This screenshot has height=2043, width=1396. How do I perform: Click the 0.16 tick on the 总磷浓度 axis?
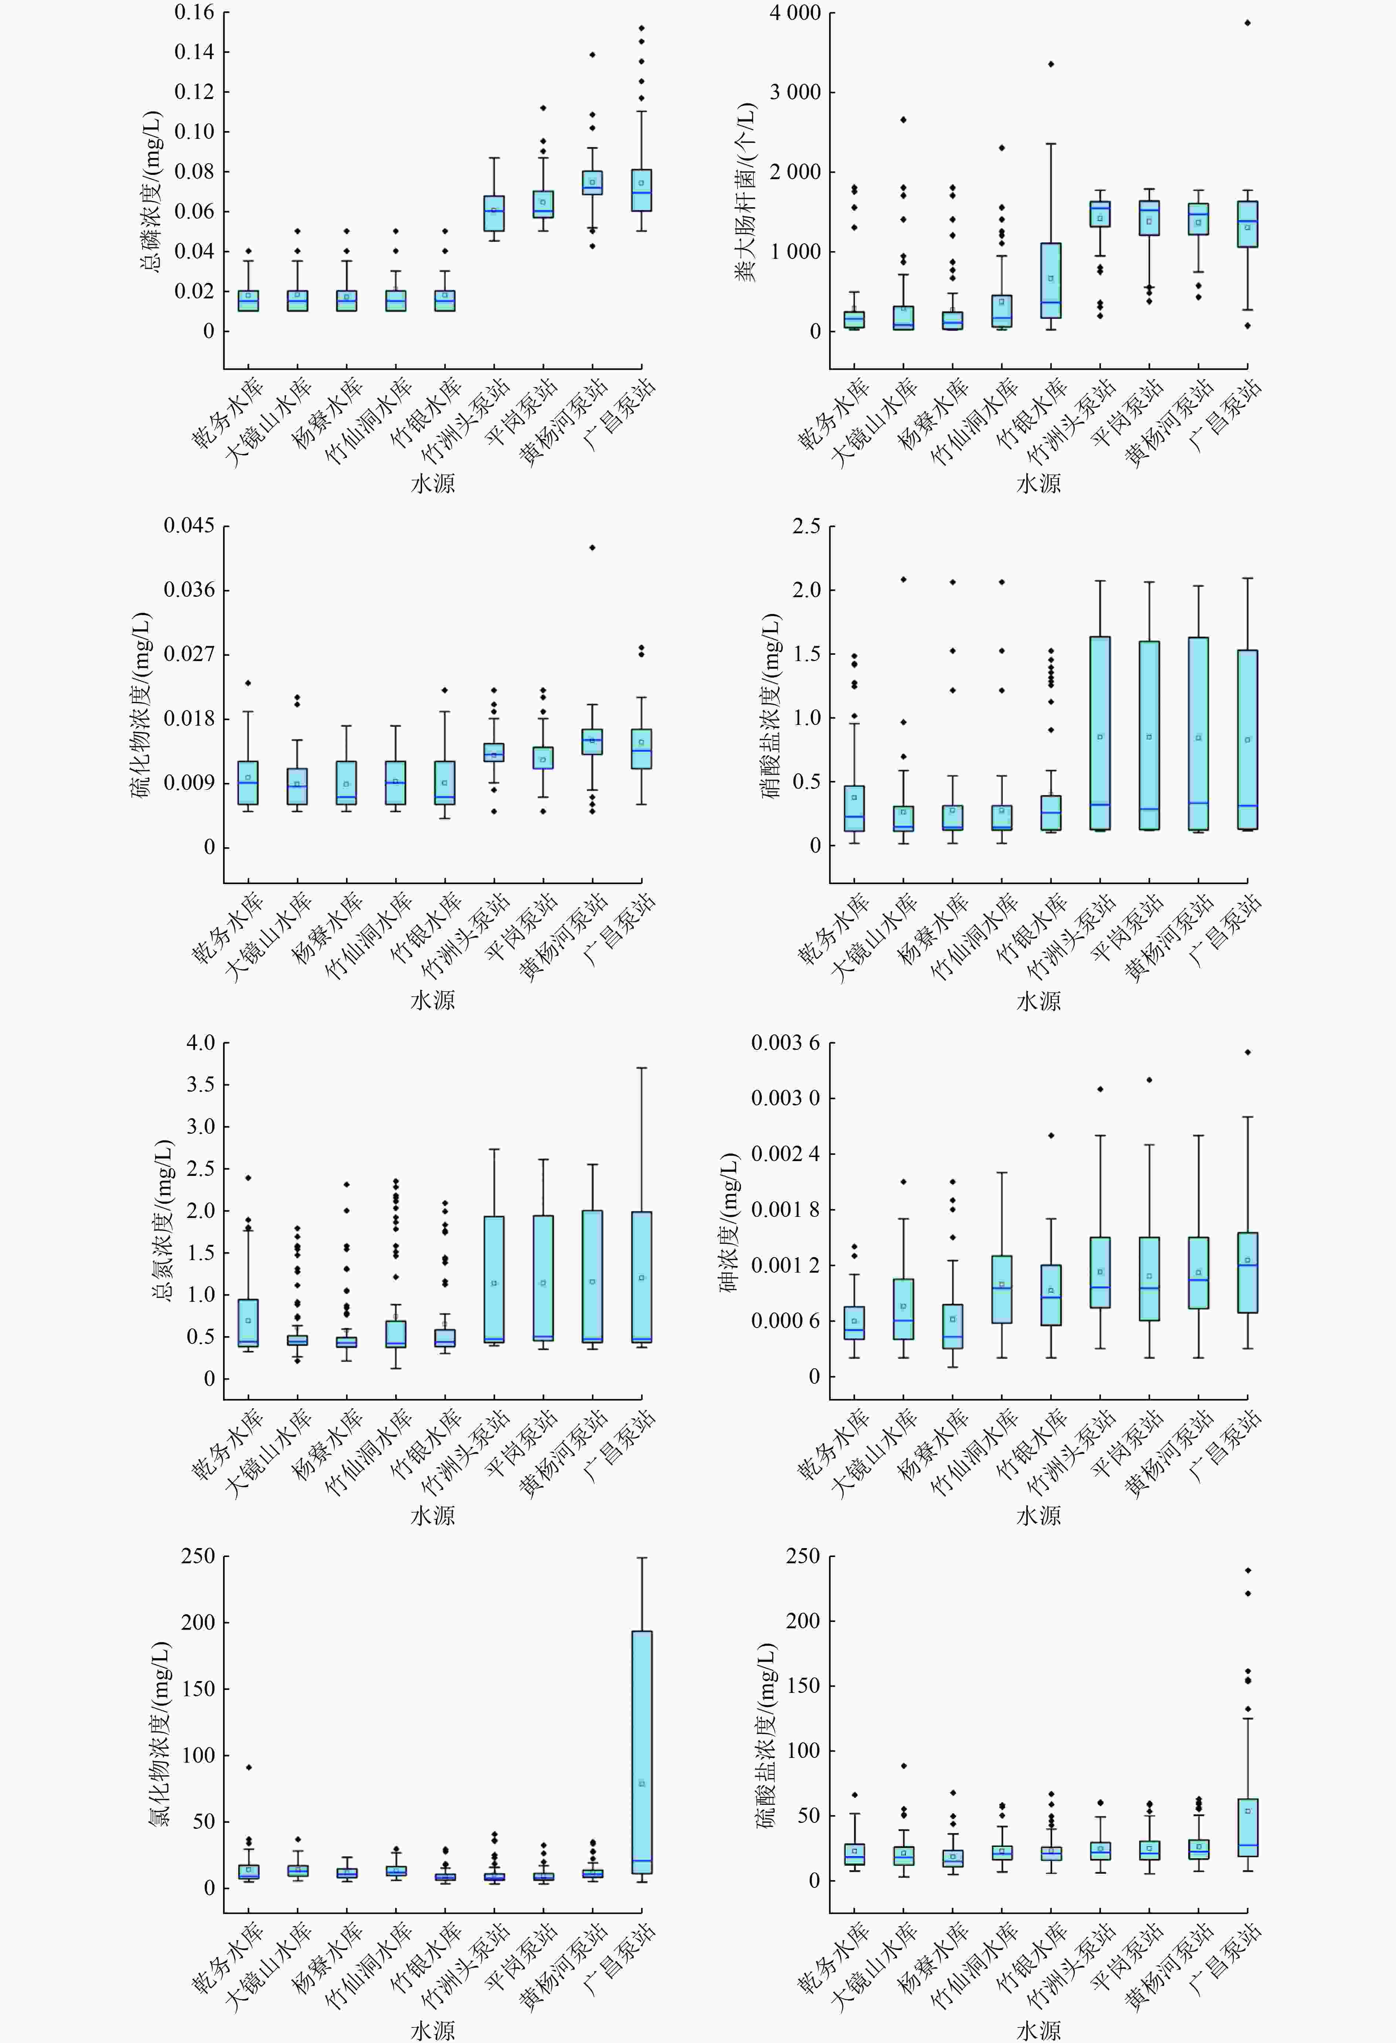(x=194, y=12)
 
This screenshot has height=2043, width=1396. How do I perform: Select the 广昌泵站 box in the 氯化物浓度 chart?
(x=642, y=1752)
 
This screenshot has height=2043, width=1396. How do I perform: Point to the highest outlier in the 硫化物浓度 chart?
(x=592, y=548)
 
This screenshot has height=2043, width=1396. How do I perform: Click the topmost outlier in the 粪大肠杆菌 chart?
(x=1248, y=23)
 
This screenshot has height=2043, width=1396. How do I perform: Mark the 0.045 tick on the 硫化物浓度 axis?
(x=189, y=526)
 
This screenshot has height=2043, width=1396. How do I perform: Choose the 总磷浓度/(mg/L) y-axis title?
(x=151, y=192)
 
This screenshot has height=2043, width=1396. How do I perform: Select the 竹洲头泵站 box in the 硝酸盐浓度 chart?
(x=1100, y=733)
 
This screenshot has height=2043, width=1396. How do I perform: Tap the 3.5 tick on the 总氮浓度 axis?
(x=201, y=1084)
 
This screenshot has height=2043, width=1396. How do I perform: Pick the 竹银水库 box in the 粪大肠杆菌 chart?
(x=1051, y=280)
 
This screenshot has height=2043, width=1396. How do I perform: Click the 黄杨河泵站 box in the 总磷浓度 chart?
(x=592, y=183)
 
